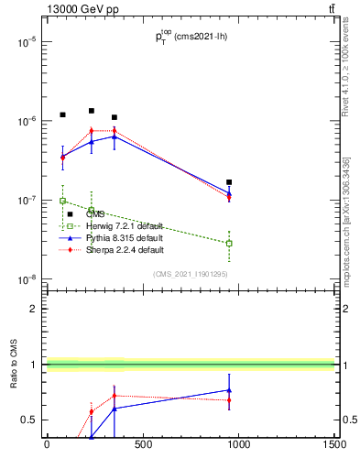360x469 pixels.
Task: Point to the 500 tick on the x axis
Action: (x=142, y=446)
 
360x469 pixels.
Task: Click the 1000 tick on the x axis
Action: (x=238, y=446)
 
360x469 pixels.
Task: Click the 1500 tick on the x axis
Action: (x=334, y=446)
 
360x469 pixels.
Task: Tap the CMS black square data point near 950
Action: (x=229, y=182)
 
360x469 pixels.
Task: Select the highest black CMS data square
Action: (x=92, y=111)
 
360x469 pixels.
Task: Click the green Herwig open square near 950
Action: (x=229, y=243)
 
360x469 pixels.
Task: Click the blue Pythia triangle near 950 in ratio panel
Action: (x=229, y=390)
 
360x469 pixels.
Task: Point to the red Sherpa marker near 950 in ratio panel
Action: (x=229, y=400)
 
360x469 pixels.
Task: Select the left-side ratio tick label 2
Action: (x=33, y=309)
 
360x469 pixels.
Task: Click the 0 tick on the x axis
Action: (x=47, y=446)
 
